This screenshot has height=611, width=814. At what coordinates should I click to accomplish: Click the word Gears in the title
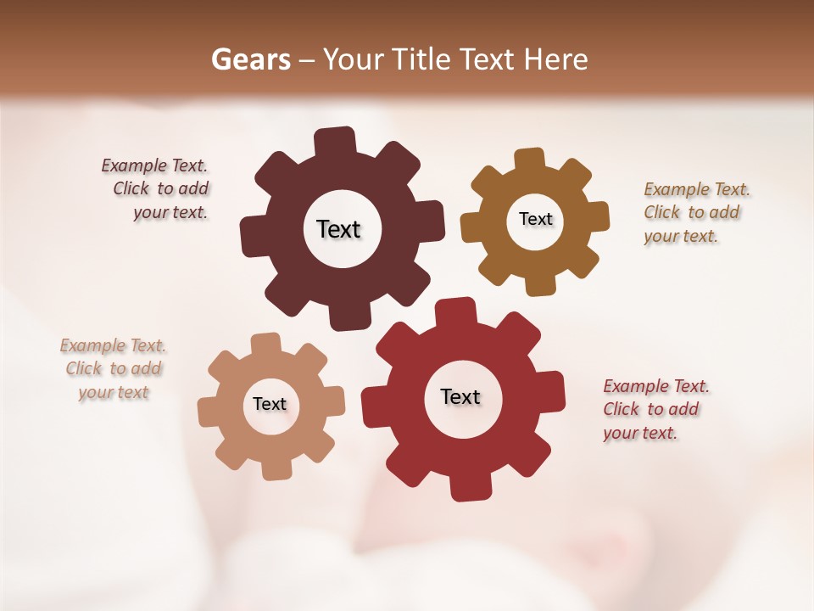250,59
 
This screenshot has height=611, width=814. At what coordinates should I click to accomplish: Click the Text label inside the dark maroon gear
338,229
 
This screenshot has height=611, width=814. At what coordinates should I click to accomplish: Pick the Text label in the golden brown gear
535,219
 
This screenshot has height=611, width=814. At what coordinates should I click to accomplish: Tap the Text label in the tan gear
270,404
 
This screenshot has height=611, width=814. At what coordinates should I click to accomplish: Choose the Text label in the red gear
460,396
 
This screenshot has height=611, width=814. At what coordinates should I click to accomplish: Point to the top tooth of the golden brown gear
529,159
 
